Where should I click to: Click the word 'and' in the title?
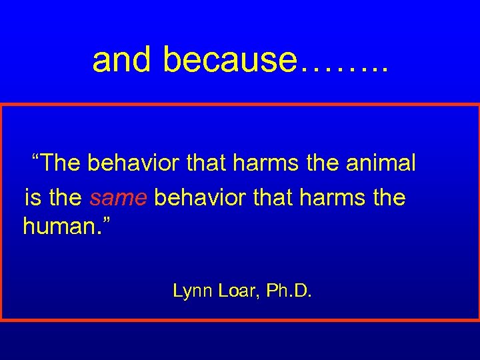[123, 60]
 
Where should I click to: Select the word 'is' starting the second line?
[31, 198]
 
